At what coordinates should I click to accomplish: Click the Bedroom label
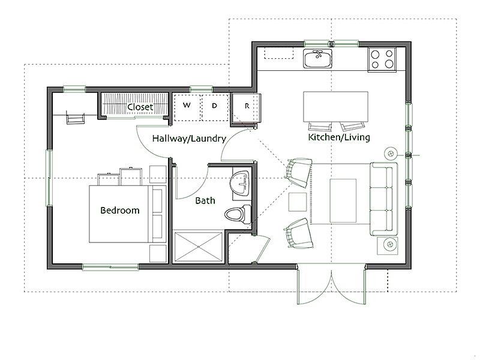(x=120, y=211)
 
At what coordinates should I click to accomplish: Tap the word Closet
(x=140, y=107)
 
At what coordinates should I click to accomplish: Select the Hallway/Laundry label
(x=189, y=139)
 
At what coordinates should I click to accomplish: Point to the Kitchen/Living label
(x=339, y=137)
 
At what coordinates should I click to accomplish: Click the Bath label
(x=205, y=200)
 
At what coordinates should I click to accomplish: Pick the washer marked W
(x=187, y=107)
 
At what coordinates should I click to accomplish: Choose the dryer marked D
(x=215, y=107)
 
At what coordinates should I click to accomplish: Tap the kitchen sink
(x=318, y=58)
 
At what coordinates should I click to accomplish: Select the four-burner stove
(x=382, y=59)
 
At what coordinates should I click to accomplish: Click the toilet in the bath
(x=238, y=214)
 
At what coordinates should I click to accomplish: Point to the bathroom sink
(x=241, y=183)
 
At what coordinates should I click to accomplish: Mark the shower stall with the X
(x=198, y=247)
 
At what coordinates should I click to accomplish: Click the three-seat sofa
(x=384, y=199)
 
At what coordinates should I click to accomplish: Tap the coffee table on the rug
(x=343, y=201)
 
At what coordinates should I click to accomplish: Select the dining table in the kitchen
(x=335, y=107)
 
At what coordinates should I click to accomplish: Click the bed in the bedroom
(x=128, y=214)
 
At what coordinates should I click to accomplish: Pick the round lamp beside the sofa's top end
(x=391, y=154)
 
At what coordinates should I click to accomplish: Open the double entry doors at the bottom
(x=331, y=284)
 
